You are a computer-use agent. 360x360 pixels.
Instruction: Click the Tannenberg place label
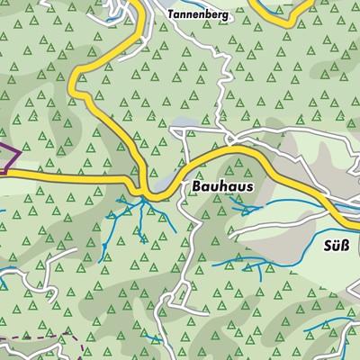point(198,15)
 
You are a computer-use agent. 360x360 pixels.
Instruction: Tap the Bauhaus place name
point(222,186)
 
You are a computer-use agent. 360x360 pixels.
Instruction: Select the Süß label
point(336,245)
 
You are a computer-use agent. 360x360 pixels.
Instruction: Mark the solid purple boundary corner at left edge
point(19,156)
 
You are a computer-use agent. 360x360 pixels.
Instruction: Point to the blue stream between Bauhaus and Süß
point(247,209)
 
